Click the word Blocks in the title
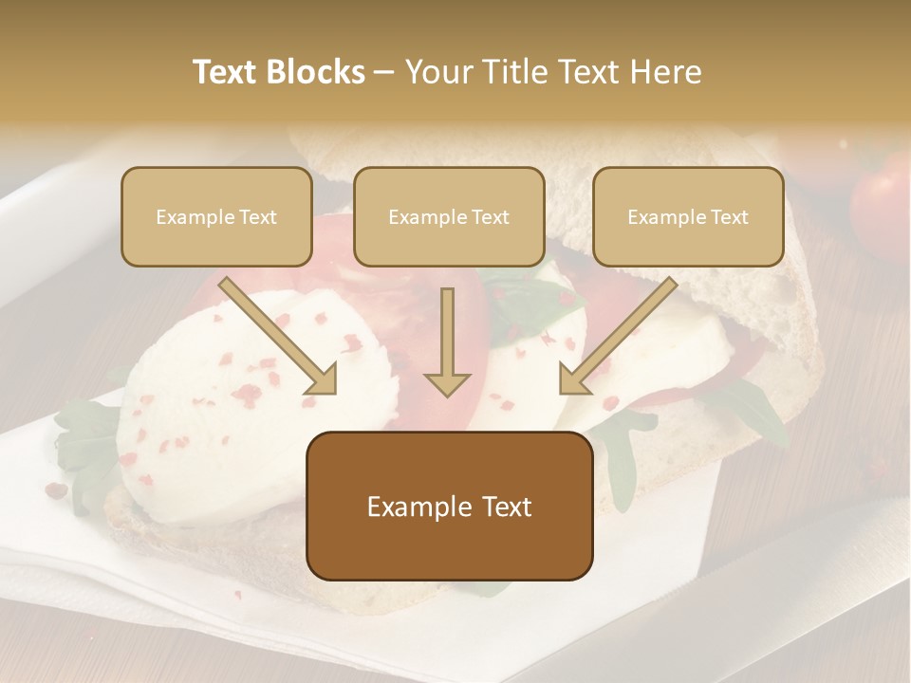[317, 72]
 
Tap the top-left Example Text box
[216, 216]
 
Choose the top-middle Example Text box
[449, 216]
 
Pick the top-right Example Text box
[688, 216]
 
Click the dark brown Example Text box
[450, 507]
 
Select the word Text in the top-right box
[729, 217]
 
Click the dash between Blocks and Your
[384, 72]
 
